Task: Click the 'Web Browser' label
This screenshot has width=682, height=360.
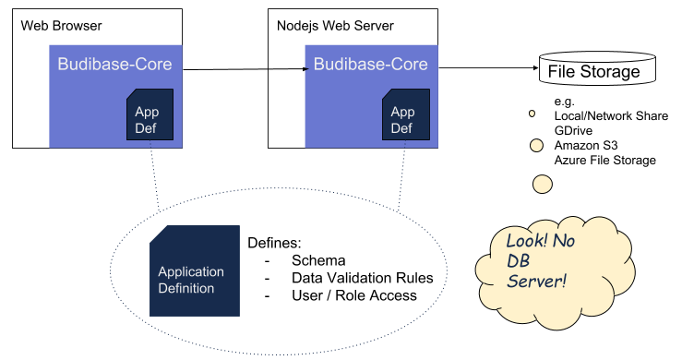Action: tap(61, 26)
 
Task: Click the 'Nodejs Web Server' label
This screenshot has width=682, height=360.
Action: tap(335, 26)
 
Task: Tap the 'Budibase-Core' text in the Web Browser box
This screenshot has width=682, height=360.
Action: tap(114, 65)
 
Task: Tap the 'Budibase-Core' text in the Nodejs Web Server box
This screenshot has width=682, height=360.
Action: tap(371, 65)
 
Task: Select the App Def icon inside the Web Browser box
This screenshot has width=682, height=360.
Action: tap(149, 116)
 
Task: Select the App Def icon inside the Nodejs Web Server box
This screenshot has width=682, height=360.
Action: tap(404, 116)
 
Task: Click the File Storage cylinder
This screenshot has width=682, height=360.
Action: tap(593, 70)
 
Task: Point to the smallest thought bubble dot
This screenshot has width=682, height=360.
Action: tap(532, 114)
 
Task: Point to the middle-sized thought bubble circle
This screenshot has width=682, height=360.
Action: tap(535, 145)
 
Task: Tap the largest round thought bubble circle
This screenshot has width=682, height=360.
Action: tap(543, 183)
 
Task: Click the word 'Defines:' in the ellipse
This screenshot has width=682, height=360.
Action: tap(274, 243)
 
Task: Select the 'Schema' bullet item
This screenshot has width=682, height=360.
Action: tap(318, 260)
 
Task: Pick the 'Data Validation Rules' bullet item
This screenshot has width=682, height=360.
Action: tap(362, 278)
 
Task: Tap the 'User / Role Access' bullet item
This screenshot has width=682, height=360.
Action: tap(353, 295)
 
